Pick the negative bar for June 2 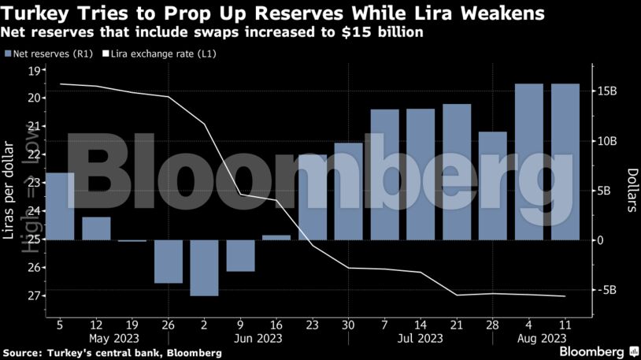click(204, 268)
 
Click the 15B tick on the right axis click(608, 91)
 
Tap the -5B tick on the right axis click(607, 290)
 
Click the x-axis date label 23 click(312, 325)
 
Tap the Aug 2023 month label click(540, 339)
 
